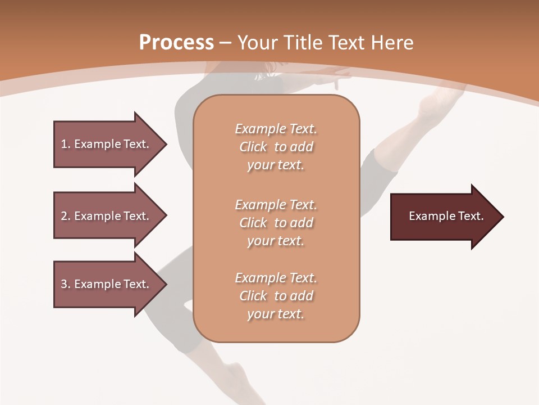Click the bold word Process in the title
tap(176, 43)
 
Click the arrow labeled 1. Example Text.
tap(105, 144)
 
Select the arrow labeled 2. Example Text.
tap(105, 216)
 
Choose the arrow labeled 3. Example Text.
tap(105, 284)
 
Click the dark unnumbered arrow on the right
tap(446, 216)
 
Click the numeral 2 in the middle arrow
tap(64, 216)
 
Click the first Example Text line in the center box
tap(276, 129)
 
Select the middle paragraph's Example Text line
tap(276, 205)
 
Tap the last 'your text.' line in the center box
tap(276, 314)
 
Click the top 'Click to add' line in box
tap(276, 147)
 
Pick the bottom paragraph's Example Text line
tap(276, 278)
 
